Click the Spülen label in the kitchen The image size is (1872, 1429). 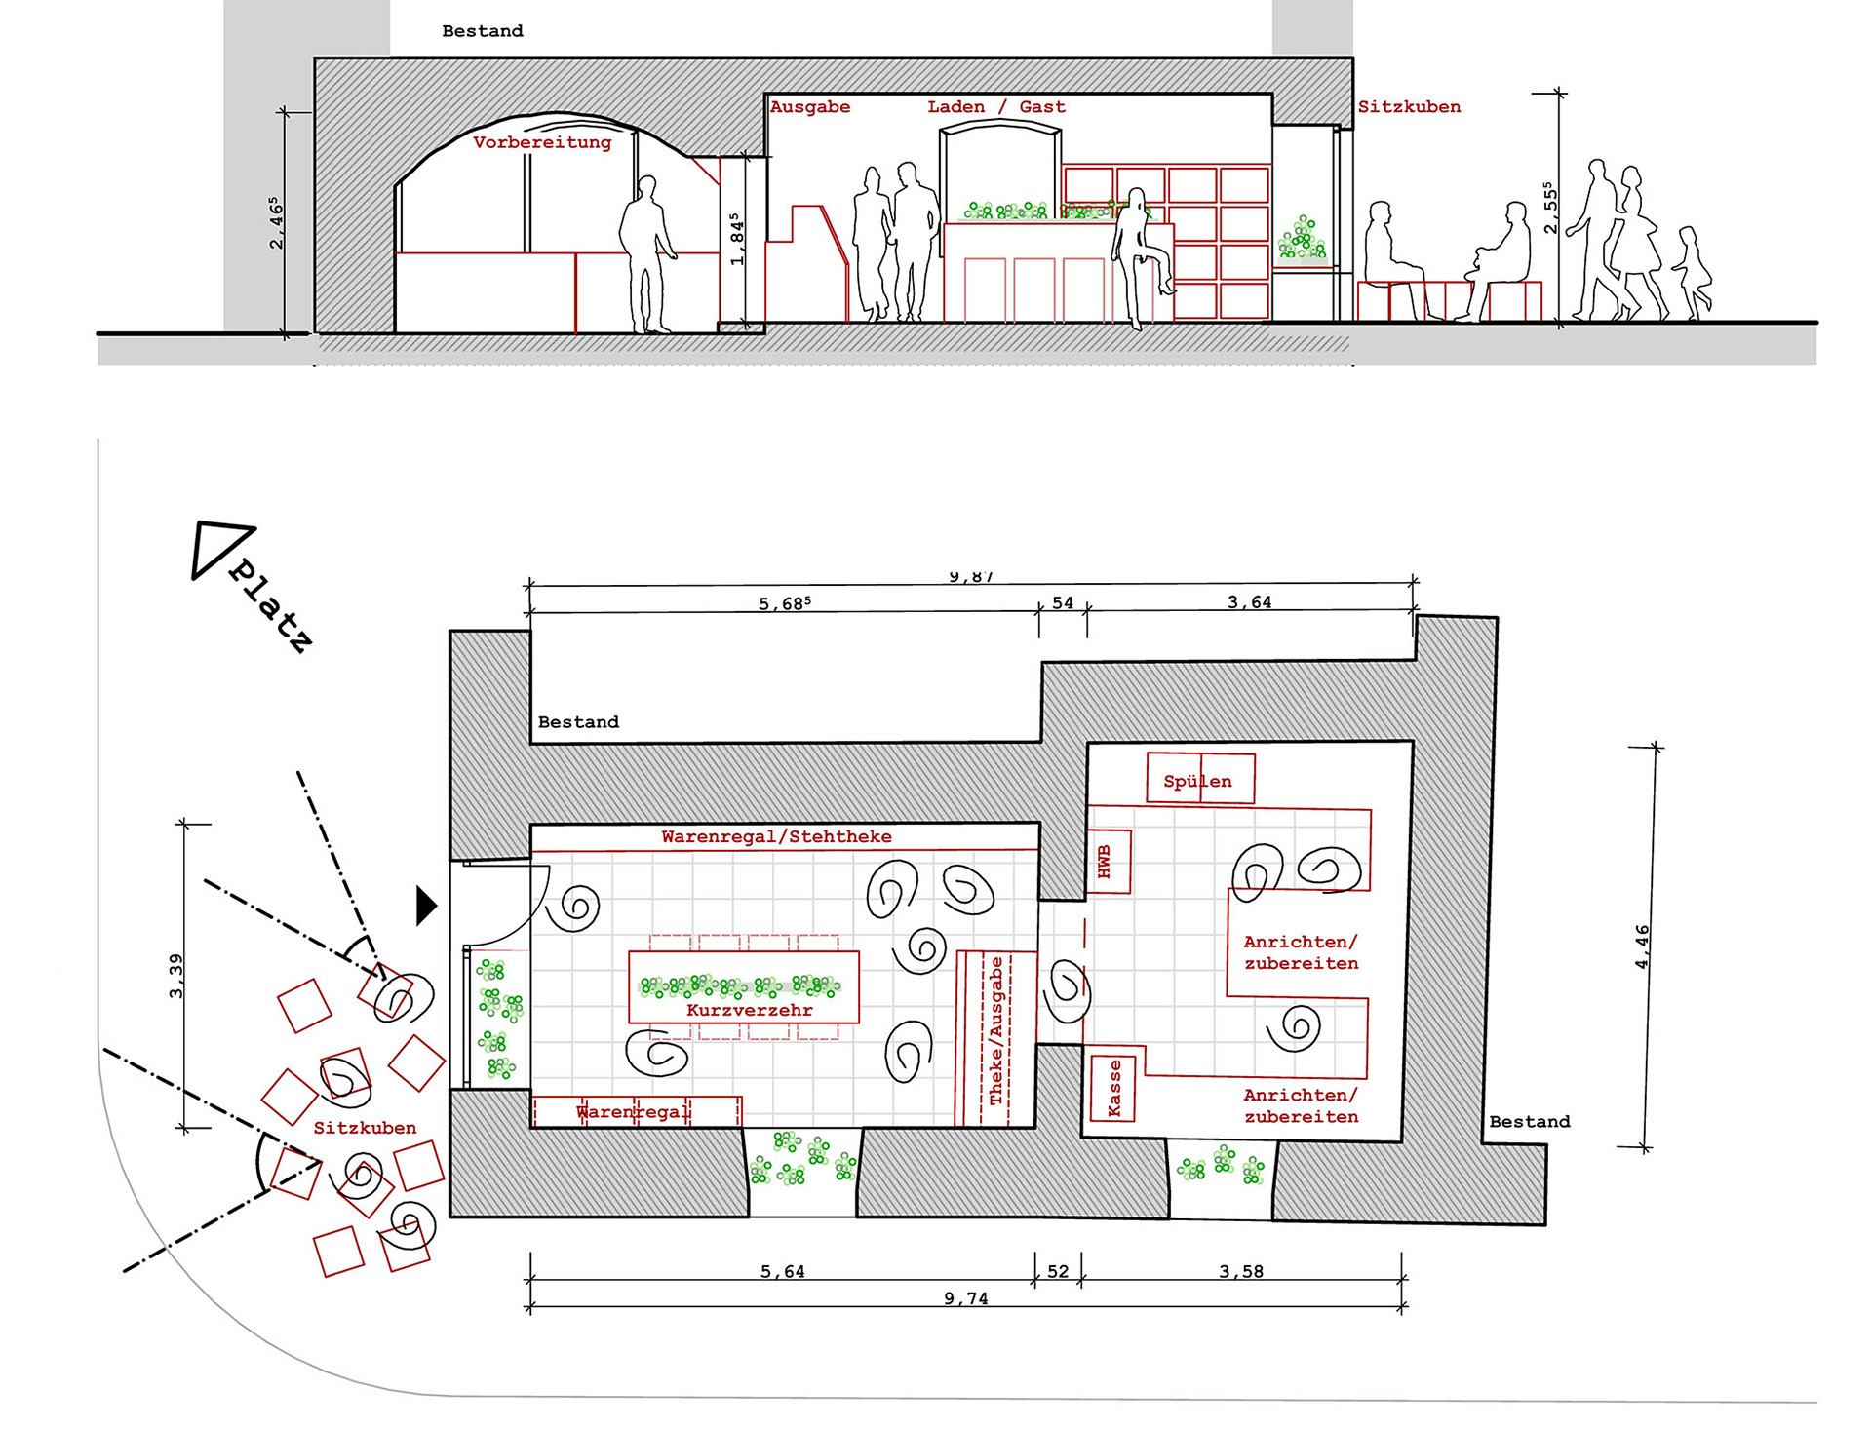(1197, 781)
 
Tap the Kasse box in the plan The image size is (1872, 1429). (1112, 1088)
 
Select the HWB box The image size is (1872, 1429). (1108, 862)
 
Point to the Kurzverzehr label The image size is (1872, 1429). (749, 1010)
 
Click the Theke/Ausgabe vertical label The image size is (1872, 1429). (995, 1031)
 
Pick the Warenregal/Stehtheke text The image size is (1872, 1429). (776, 836)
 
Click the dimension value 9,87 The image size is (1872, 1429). (970, 577)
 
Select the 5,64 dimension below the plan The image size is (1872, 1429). (782, 1271)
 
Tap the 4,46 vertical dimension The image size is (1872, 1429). (1642, 946)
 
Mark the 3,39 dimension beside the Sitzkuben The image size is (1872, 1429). (175, 976)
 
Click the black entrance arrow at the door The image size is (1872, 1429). (425, 906)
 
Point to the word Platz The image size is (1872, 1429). (271, 606)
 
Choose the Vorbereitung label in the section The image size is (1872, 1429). (542, 142)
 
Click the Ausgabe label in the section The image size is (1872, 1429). (809, 107)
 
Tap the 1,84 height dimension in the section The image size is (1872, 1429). (736, 240)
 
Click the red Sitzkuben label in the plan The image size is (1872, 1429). (365, 1128)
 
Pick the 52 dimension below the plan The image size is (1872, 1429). (1058, 1271)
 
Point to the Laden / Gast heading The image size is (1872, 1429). (995, 107)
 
